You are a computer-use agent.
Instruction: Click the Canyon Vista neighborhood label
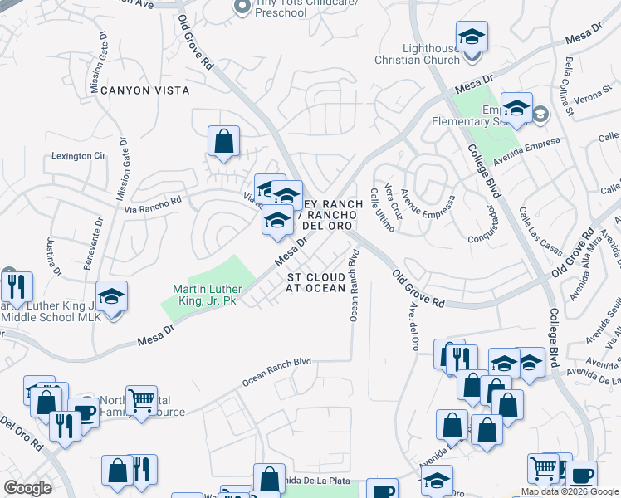pyautogui.click(x=145, y=90)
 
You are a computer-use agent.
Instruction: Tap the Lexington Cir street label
pyautogui.click(x=80, y=155)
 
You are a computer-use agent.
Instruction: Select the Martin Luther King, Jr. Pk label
pyautogui.click(x=204, y=294)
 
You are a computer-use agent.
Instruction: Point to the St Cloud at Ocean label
pyautogui.click(x=316, y=281)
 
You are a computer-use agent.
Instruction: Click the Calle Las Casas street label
pyautogui.click(x=532, y=233)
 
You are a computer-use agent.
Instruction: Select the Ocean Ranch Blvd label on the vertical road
pyautogui.click(x=354, y=286)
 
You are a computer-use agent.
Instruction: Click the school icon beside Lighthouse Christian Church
pyautogui.click(x=472, y=37)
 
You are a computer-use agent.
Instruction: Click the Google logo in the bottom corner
pyautogui.click(x=27, y=488)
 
